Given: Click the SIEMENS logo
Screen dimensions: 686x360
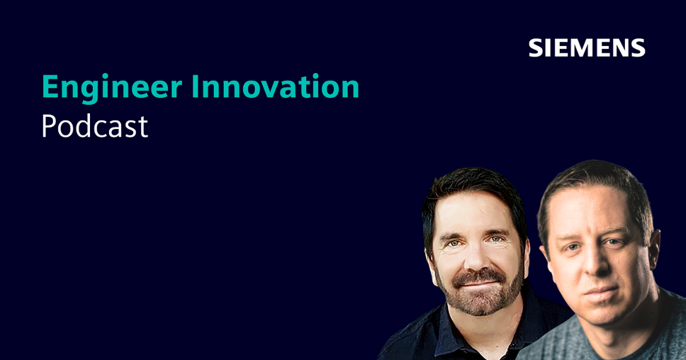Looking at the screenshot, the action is point(587,47).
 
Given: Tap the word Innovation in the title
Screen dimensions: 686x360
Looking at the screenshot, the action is point(275,86).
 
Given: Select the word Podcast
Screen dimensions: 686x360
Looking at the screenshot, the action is point(95,126).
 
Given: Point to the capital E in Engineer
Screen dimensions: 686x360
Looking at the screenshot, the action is point(50,86).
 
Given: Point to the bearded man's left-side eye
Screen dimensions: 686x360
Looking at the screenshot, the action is point(454,244).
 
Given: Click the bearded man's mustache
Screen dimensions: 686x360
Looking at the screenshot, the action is point(478,276).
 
